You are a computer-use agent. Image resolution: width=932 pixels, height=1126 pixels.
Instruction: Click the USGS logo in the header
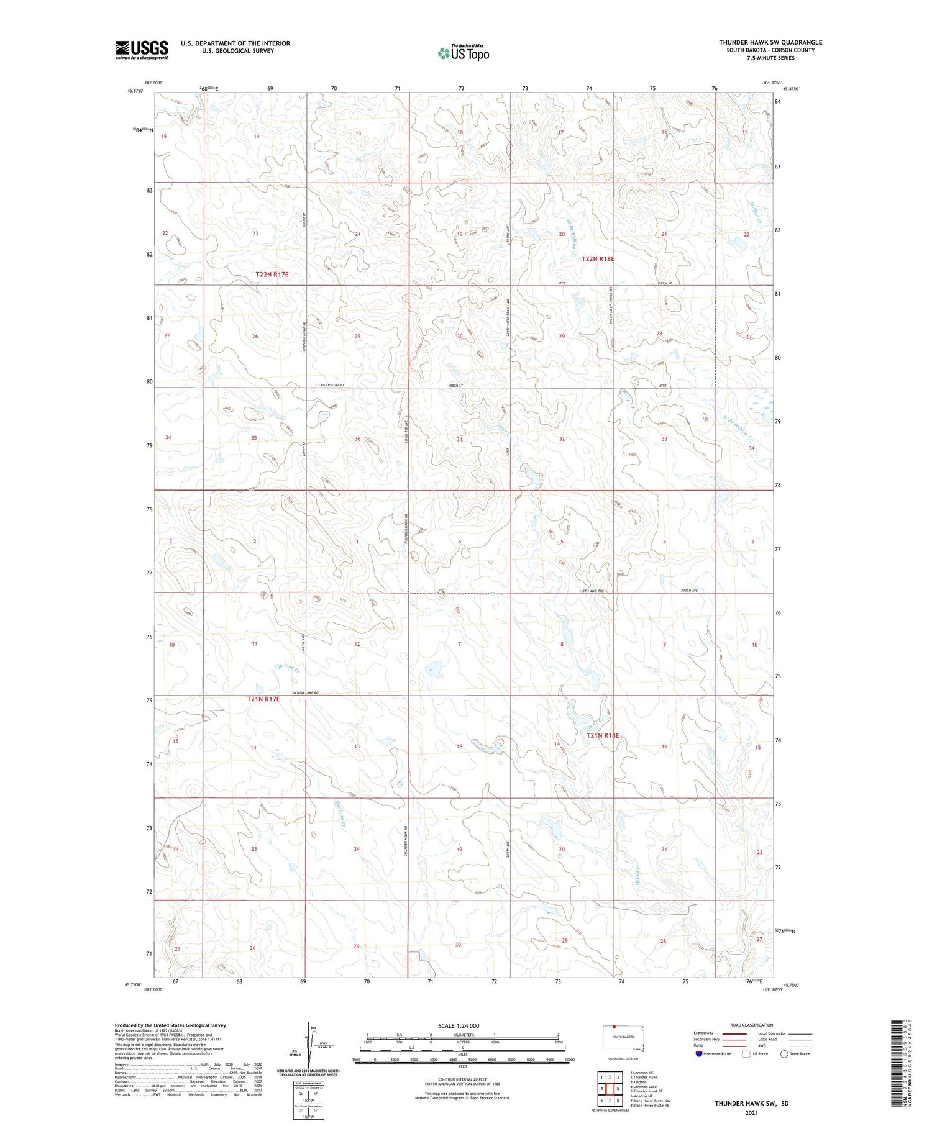(142, 50)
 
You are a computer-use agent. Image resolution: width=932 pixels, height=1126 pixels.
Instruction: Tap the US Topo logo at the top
(464, 53)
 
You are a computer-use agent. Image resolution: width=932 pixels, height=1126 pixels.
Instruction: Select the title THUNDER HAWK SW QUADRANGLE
(770, 42)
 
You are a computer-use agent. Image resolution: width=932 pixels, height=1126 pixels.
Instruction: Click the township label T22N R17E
(272, 275)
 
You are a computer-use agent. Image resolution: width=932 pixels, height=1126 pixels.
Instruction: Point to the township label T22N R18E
(598, 258)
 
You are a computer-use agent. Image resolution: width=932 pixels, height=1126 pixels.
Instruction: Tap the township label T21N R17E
(263, 699)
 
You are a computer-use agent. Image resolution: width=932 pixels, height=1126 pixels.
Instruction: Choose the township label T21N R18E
(603, 736)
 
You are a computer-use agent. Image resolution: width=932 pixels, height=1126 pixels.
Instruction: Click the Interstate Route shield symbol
(699, 1054)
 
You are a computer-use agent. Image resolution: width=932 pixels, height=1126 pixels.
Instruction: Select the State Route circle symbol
(785, 1054)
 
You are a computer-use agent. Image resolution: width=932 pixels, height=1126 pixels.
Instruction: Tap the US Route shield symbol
(746, 1054)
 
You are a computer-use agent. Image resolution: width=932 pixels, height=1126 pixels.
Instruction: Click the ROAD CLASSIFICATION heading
(752, 1025)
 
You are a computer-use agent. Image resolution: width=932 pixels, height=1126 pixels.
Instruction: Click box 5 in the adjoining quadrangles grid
(618, 1089)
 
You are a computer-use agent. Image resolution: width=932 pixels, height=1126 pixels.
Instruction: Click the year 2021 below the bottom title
(751, 1112)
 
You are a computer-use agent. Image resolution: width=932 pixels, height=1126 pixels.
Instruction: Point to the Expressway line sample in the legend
(733, 1033)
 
